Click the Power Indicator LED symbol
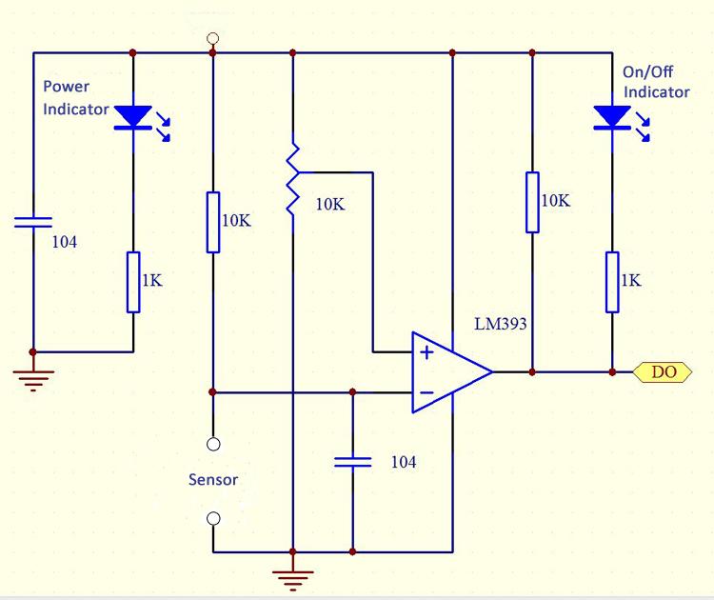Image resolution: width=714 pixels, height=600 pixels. (133, 117)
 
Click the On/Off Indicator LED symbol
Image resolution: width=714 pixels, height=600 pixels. (611, 117)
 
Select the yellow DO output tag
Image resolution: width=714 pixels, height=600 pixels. (664, 371)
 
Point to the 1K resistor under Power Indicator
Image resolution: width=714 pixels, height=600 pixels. (133, 282)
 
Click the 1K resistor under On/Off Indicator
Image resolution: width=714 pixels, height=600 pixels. (611, 282)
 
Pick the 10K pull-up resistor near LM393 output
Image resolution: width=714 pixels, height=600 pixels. (532, 202)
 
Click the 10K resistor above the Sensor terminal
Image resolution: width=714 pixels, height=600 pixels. (212, 222)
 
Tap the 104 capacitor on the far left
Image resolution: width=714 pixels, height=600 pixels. (32, 223)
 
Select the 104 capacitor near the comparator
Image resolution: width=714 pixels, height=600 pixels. (352, 463)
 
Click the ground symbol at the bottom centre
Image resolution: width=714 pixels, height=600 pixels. (292, 573)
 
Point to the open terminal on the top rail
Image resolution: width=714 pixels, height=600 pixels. (212, 39)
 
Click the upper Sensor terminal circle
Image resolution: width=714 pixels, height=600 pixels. (212, 444)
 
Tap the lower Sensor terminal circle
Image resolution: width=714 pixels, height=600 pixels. (212, 518)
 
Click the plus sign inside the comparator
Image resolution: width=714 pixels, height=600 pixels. (426, 352)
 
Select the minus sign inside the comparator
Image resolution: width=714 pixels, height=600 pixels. (426, 391)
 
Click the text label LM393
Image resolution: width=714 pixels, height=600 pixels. (501, 324)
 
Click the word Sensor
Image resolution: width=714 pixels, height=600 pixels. (212, 480)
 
